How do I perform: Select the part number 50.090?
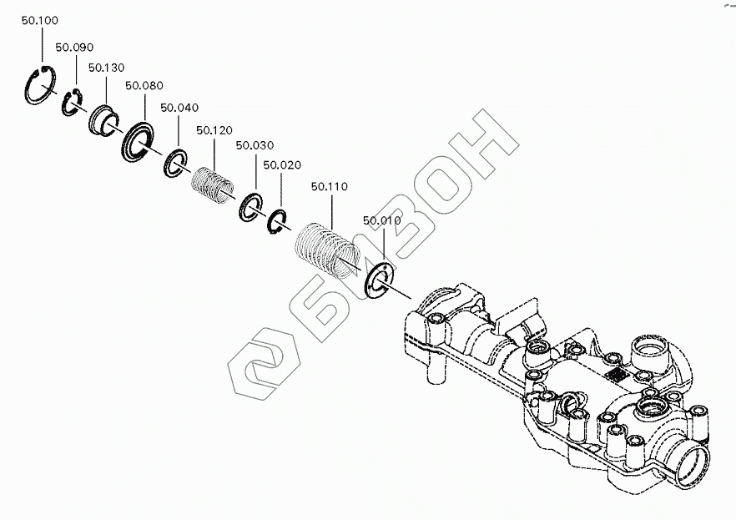coord(73,48)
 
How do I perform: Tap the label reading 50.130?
coord(106,67)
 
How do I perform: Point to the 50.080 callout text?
coord(144,86)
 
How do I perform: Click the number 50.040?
coord(179,108)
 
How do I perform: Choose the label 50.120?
coord(214,130)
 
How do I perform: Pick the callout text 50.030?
coord(254,145)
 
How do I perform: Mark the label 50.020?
coord(281,165)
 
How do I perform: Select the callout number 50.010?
coord(381,221)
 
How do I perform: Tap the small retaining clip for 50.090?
coord(71,103)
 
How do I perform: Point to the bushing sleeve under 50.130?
coord(103,119)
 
